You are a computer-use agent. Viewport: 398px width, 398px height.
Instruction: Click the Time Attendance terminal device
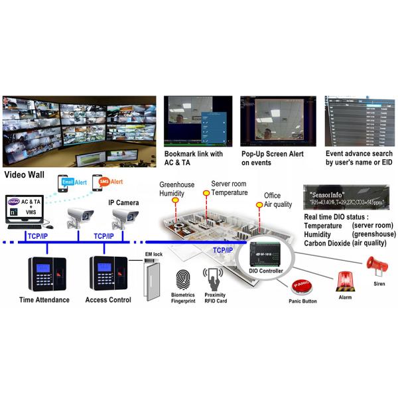43,272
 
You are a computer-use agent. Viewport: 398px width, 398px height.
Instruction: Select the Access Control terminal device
106,272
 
